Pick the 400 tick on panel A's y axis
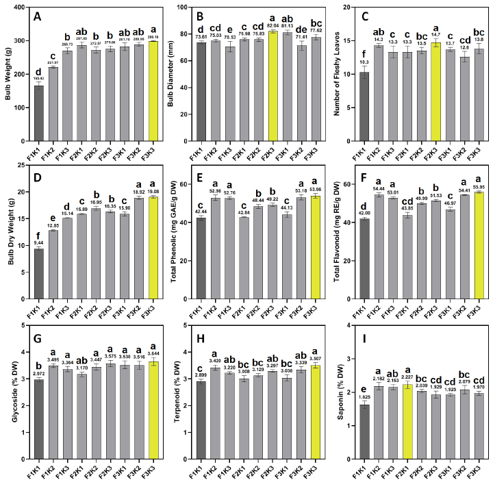22,8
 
